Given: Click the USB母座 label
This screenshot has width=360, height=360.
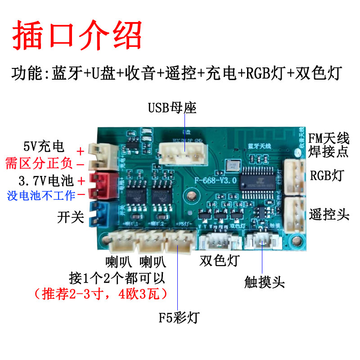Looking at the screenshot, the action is (172, 108).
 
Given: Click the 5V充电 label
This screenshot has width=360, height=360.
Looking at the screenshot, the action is (44, 147).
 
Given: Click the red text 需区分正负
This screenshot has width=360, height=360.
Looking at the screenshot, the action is (39, 163).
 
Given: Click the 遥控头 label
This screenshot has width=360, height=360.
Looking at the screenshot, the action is (329, 214).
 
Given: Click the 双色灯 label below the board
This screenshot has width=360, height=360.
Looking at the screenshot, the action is (220, 261).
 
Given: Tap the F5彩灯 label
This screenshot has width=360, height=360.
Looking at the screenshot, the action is (179, 318).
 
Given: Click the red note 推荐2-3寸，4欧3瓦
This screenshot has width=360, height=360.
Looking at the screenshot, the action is (101, 294).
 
